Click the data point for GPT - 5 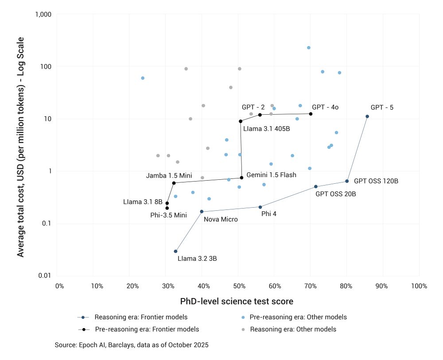pos(367,116)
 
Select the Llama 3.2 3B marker pos(176,252)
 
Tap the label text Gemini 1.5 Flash pos(271,175)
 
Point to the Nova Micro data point pos(202,212)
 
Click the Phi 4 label pos(269,213)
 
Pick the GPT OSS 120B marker pos(347,181)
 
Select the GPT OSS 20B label pos(335,194)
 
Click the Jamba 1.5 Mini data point pos(174,183)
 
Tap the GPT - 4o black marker pos(311,114)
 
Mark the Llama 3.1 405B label pos(266,129)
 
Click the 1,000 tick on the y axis pos(43,15)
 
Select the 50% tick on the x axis pos(238,286)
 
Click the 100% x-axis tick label pos(419,286)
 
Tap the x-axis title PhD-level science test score pos(237,302)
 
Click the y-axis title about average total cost pos(20,147)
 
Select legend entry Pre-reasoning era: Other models pos(298,317)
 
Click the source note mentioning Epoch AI pos(132,345)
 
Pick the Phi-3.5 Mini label pos(168,215)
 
